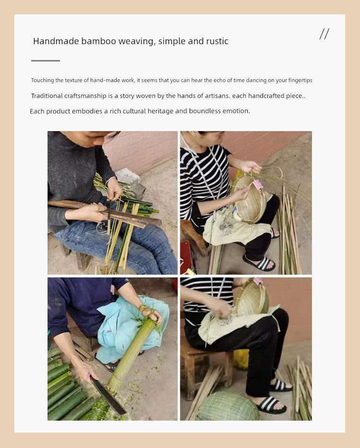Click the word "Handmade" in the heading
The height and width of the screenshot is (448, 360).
pyautogui.click(x=56, y=41)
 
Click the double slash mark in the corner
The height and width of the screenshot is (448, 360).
pyautogui.click(x=324, y=34)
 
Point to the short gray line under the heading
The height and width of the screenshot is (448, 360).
pyautogui.click(x=46, y=61)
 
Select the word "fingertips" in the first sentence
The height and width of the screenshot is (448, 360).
pyautogui.click(x=300, y=81)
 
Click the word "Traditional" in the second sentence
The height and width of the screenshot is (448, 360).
pyautogui.click(x=47, y=96)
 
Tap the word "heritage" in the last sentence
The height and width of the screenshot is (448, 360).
pyautogui.click(x=160, y=111)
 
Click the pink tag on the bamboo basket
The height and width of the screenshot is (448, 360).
pyautogui.click(x=258, y=184)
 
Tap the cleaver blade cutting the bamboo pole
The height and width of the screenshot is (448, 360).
pyautogui.click(x=108, y=396)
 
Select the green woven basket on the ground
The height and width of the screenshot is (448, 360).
pyautogui.click(x=228, y=406)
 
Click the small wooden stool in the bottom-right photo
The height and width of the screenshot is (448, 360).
pyautogui.click(x=206, y=366)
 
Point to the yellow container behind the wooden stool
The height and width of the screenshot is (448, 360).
pyautogui.click(x=241, y=360)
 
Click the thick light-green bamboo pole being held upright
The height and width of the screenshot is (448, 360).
pyautogui.click(x=131, y=355)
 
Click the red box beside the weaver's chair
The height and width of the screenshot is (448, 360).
pyautogui.click(x=186, y=257)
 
